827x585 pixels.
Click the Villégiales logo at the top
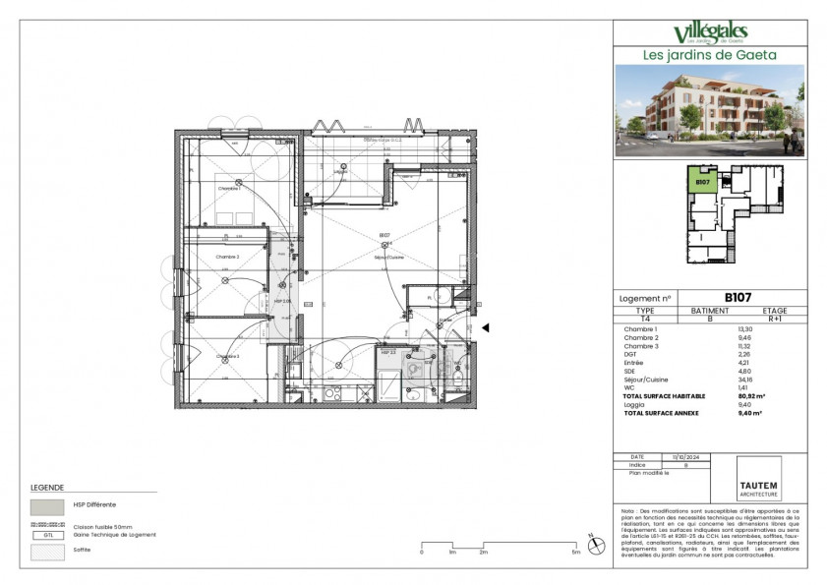[710, 33]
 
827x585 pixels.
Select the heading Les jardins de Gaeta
[710, 55]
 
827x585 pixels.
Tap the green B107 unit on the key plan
[702, 182]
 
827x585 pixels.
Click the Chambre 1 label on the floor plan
[229, 188]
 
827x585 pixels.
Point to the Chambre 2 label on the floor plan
[228, 256]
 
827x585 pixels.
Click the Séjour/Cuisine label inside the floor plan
[388, 257]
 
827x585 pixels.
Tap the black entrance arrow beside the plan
[484, 329]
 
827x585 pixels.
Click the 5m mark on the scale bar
[576, 554]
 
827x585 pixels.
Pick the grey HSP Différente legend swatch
[47, 506]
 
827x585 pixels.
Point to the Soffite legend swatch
[47, 552]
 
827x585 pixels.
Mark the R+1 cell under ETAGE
[775, 319]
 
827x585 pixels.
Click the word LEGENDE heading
[47, 488]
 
